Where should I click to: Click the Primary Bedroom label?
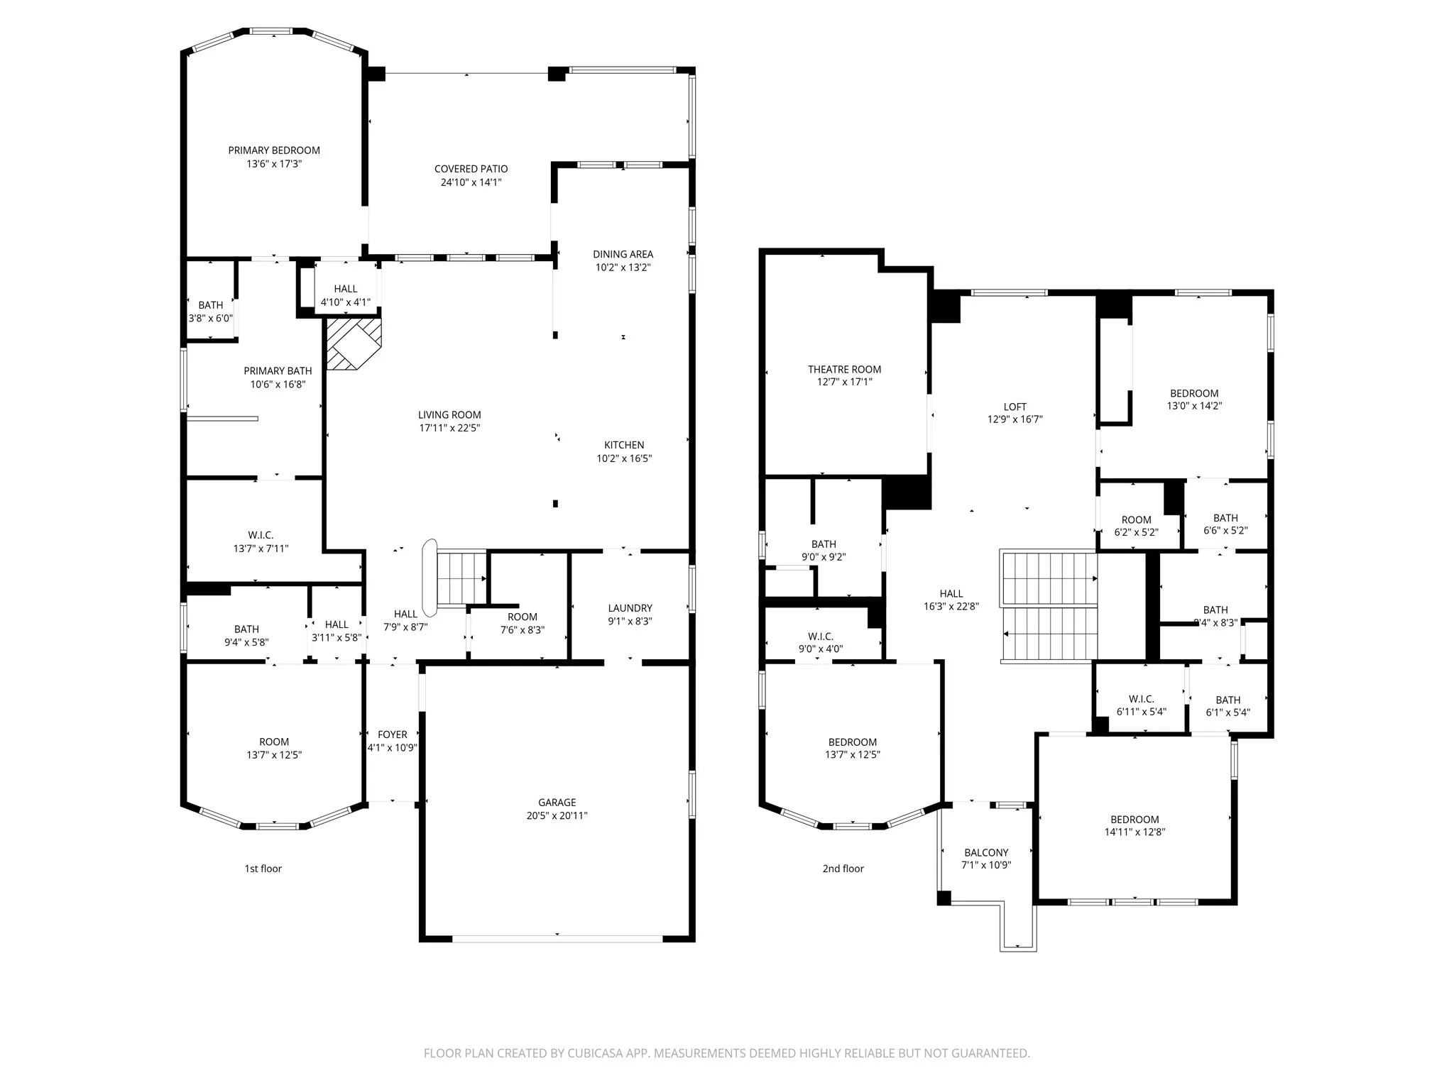pos(274,150)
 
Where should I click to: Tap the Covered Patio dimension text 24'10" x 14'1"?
pos(471,182)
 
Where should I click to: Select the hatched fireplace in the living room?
pos(354,343)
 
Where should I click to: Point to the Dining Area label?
pos(623,254)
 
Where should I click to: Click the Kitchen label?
pos(624,445)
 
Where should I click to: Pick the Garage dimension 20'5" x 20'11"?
pos(557,816)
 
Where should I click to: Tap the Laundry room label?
pos(630,608)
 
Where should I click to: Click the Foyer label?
pos(393,734)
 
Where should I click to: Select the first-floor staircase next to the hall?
pos(461,578)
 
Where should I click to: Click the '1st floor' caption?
pos(263,869)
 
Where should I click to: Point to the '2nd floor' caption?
pos(843,869)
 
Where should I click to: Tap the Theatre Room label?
pos(844,369)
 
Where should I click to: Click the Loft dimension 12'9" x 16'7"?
pos(1015,419)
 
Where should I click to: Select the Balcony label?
pos(986,853)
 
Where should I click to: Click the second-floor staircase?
pos(1049,606)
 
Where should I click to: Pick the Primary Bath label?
pos(278,371)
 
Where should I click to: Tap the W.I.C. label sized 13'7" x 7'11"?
pos(261,535)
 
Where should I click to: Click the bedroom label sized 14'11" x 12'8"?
pos(1135,820)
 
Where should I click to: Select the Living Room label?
pos(449,415)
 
